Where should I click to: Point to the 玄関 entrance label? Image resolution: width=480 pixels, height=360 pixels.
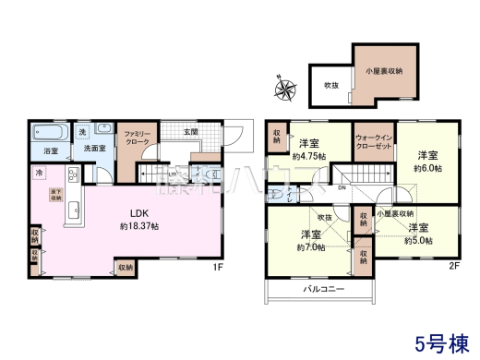click(x=191, y=133)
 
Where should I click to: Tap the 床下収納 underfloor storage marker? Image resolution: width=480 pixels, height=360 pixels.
click(x=55, y=195)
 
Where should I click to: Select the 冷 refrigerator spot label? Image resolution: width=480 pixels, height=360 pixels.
click(x=39, y=173)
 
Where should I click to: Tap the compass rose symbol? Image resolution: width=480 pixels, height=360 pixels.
click(x=282, y=90)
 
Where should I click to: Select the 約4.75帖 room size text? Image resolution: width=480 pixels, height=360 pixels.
click(x=310, y=157)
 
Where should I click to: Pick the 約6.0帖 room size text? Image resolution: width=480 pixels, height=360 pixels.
click(x=424, y=168)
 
